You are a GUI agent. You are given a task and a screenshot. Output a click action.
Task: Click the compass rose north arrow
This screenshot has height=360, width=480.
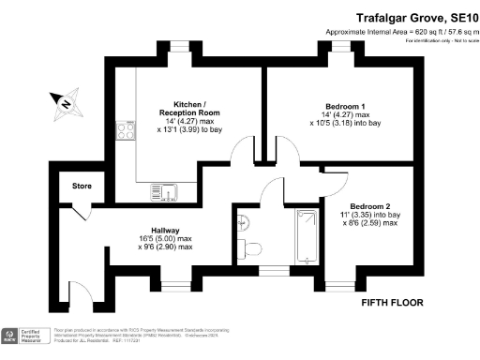click(65, 104)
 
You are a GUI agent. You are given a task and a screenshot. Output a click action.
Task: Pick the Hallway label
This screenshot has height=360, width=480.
click(166, 229)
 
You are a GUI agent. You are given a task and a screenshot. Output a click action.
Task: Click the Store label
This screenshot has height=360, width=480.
click(82, 186)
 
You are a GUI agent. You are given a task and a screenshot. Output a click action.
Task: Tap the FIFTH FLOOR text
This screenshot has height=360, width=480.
click(393, 304)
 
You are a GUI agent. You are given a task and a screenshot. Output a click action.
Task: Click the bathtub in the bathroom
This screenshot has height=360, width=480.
click(306, 234)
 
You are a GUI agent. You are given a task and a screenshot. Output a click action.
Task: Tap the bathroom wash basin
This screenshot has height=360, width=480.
click(243, 222)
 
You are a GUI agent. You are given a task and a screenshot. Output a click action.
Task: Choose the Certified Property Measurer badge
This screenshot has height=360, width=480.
click(24, 336)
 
